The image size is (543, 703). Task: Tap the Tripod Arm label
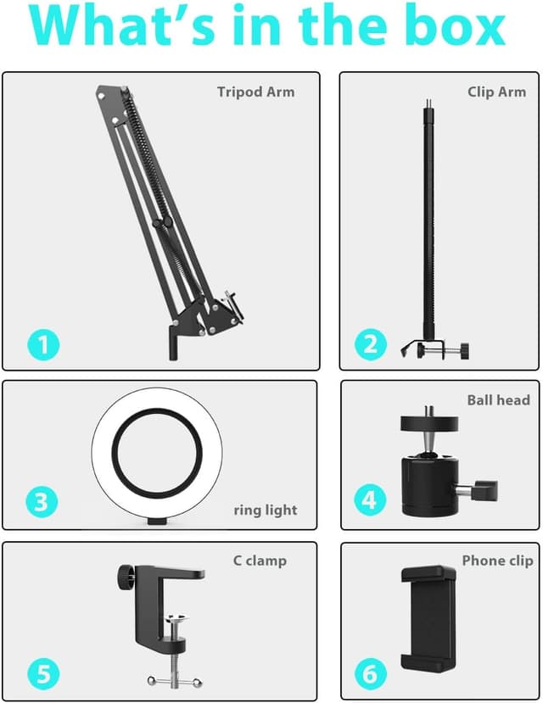[255, 92]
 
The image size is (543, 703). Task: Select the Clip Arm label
[496, 92]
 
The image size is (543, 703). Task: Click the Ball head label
[498, 399]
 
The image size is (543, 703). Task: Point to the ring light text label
[266, 510]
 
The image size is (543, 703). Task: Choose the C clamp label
[260, 561]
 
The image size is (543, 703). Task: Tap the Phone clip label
[497, 561]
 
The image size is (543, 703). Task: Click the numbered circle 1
[43, 345]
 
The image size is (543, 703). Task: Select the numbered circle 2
[369, 344]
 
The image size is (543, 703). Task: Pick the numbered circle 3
[43, 502]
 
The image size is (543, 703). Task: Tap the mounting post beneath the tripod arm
[173, 344]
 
